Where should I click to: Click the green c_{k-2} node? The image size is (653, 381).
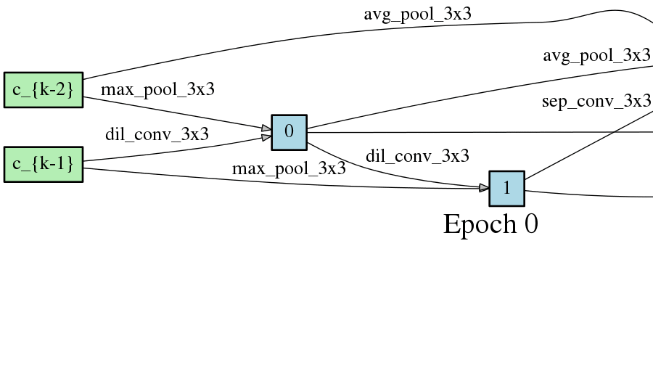click(x=44, y=90)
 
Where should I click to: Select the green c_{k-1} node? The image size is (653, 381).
click(x=44, y=164)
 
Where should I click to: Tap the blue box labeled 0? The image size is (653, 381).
click(x=289, y=132)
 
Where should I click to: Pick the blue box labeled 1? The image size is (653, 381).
click(x=506, y=189)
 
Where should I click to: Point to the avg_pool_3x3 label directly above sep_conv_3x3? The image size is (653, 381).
click(x=596, y=55)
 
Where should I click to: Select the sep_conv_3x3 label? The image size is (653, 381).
click(x=596, y=101)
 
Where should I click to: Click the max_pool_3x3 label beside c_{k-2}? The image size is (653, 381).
click(x=157, y=90)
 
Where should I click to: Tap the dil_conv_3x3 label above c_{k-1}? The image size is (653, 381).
click(x=157, y=134)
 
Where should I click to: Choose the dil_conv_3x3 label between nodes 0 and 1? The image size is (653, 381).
click(x=417, y=156)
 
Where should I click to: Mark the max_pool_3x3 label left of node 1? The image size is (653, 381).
click(x=289, y=169)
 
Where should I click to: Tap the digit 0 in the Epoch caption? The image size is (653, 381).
click(x=530, y=224)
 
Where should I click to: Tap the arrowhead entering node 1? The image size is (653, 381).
click(x=484, y=188)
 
